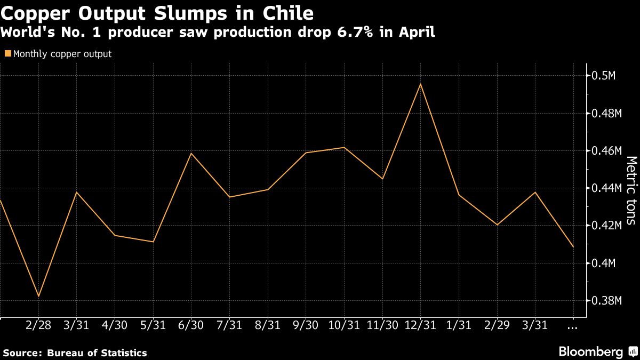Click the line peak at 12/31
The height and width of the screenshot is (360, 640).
(421, 84)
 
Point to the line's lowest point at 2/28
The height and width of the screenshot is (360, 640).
(38, 296)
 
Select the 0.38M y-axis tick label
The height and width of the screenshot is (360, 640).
(607, 301)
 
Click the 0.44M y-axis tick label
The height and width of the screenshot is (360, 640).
(607, 188)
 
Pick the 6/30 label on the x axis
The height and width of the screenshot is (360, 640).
(191, 325)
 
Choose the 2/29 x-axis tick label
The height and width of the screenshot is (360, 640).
(497, 325)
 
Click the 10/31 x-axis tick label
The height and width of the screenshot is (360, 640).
(344, 325)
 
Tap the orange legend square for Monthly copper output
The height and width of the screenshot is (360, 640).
(7, 54)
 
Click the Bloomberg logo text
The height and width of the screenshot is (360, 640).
(590, 352)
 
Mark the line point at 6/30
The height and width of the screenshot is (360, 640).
(191, 153)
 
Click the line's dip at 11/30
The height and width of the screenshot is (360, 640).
(382, 179)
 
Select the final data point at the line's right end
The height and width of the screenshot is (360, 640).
(573, 247)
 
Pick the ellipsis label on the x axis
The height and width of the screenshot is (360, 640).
(573, 325)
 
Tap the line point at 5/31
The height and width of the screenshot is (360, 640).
(154, 242)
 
